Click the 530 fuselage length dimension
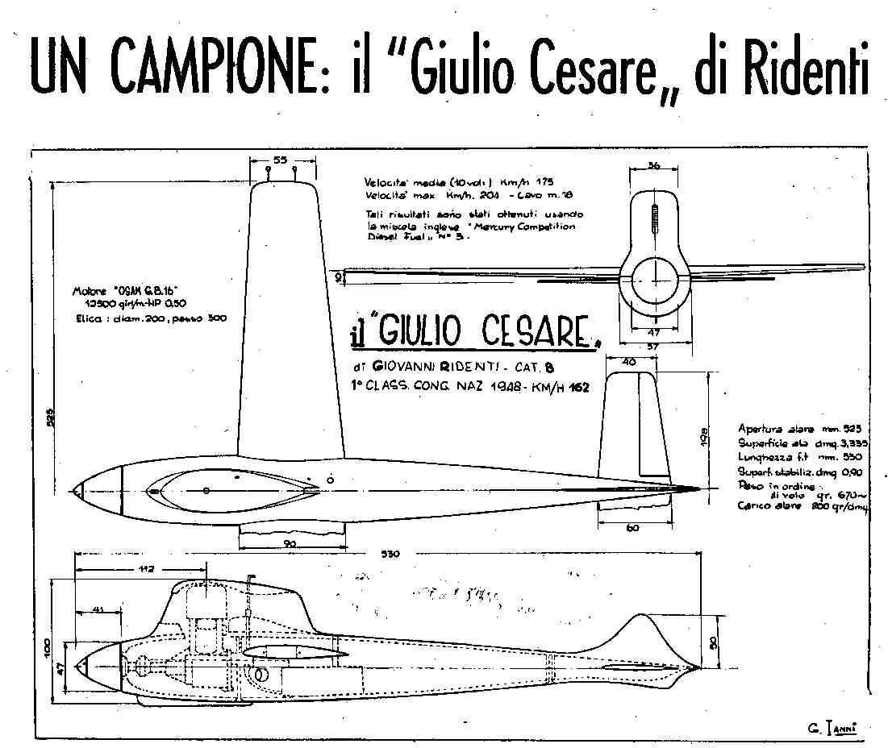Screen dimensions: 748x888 389,554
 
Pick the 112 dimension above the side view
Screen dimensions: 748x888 146,570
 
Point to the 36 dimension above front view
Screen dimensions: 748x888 655,165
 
